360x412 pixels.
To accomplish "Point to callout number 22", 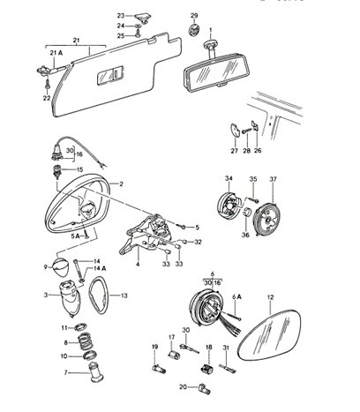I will click(47, 99).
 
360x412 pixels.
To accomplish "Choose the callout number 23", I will click(122, 17).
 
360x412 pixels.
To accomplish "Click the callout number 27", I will click(236, 151).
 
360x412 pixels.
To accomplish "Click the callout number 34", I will click(228, 179).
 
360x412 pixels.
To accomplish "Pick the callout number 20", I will click(182, 387).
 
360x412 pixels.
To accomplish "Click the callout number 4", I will click(138, 264).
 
